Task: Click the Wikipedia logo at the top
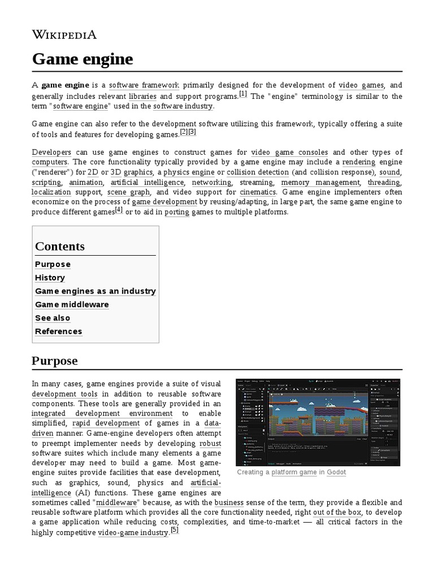pos(64,35)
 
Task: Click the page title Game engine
pos(83,59)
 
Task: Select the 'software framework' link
pos(144,85)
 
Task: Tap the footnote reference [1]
pos(243,94)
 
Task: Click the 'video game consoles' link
pos(289,152)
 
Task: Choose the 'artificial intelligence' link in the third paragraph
pos(147,182)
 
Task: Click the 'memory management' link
pos(320,182)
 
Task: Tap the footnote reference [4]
pos(119,210)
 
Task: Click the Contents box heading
pos(60,246)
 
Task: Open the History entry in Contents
pos(50,278)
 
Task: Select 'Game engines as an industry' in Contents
pos(95,291)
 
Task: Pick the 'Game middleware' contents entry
pos(72,305)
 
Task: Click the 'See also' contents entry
pos(53,318)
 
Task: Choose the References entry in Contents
pos(58,331)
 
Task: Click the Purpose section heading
pos(55,361)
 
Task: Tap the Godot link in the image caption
pos(336,472)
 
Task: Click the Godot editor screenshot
pos(318,422)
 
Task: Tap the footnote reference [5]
pos(175,530)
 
